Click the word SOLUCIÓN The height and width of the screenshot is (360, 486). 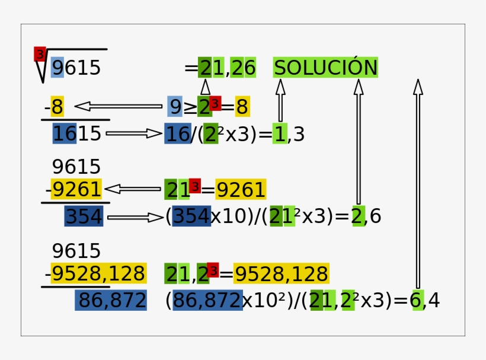tap(325, 67)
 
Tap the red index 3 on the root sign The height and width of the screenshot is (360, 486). tap(40, 54)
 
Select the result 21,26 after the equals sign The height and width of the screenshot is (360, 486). tap(227, 67)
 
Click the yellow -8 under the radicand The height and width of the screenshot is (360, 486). tap(55, 107)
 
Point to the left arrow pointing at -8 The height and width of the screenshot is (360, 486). tap(119, 106)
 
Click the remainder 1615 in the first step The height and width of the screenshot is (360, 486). tap(76, 133)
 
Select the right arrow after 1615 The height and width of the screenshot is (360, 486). tap(134, 133)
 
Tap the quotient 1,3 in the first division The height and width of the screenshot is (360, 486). tap(289, 133)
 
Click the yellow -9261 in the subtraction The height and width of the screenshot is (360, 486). tap(73, 189)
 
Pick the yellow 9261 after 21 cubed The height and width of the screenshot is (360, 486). tap(241, 189)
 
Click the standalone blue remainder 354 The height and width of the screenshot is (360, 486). tap(84, 216)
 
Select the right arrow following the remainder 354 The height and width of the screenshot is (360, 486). tap(135, 218)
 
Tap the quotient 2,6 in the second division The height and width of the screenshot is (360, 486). tap(367, 216)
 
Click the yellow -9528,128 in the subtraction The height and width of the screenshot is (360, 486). tap(95, 273)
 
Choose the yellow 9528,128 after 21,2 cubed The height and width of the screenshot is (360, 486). tap(282, 273)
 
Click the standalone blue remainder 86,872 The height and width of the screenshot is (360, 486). tap(111, 300)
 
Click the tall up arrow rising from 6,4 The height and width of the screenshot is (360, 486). tap(418, 184)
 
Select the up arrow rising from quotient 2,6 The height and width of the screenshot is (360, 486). tap(359, 141)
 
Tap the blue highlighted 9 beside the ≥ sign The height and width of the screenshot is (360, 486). tap(175, 106)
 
